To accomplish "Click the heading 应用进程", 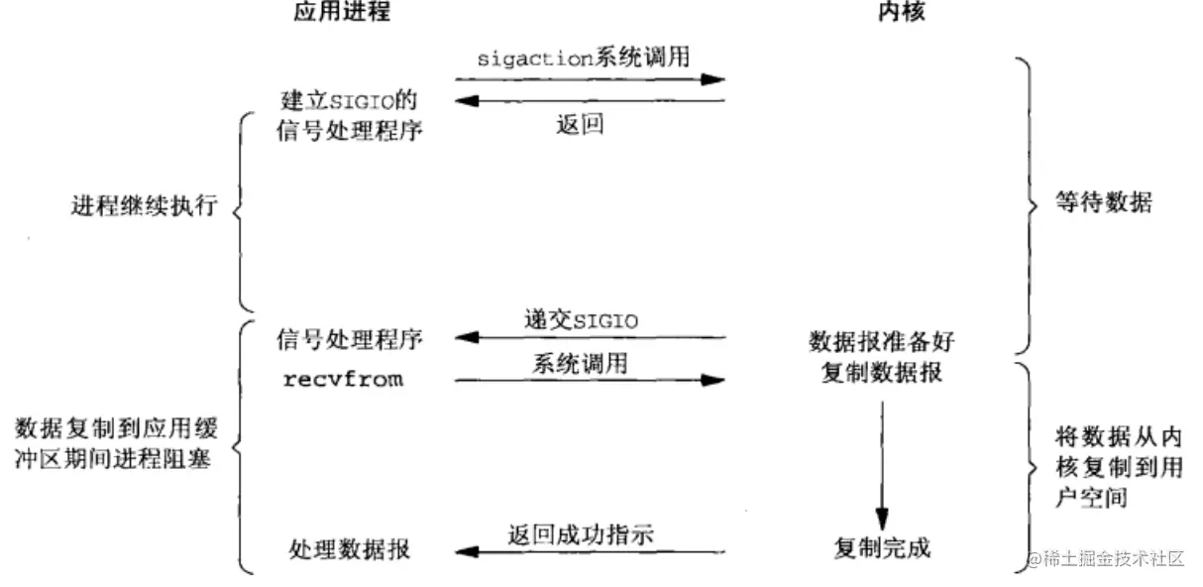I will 342,13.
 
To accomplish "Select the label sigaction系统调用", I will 583,58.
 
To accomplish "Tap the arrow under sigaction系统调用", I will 591,78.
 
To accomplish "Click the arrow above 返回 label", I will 591,100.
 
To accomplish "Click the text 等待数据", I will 1091,203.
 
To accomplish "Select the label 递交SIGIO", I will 581,320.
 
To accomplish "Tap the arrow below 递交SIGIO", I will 591,338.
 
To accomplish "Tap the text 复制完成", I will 882,546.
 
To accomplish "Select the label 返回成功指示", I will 581,534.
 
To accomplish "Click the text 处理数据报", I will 350,548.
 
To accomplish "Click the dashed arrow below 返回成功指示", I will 591,551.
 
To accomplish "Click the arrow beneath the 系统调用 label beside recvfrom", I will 591,380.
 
